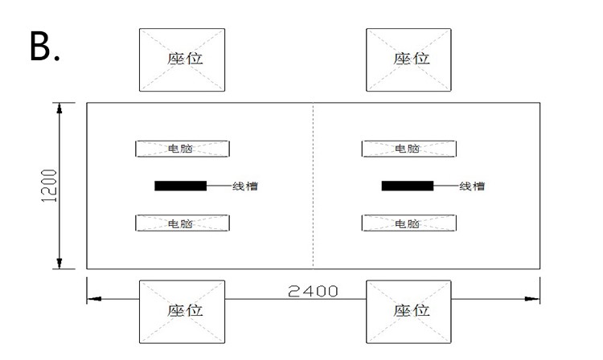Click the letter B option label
44,48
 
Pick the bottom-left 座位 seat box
182,310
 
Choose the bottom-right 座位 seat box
408,310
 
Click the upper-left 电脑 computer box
182,149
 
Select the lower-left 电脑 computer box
182,223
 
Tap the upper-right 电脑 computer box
408,149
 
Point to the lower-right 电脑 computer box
408,223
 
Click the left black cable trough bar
180,186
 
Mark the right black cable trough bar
407,186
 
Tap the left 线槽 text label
245,186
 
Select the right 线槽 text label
472,186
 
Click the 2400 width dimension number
313,291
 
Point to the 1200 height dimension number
50,186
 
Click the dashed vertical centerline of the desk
313,201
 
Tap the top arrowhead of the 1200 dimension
59,109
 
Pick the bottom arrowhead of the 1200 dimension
59,261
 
